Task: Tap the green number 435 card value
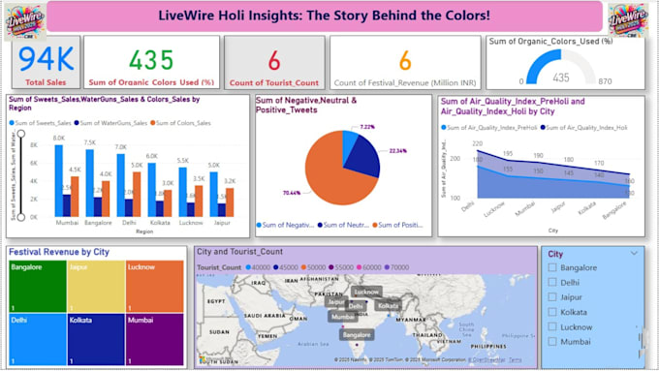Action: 151,61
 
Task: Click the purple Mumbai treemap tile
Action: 153,338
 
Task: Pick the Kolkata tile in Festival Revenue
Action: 96,338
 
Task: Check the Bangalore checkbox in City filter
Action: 552,267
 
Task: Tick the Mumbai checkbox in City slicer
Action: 552,342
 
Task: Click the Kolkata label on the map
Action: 388,306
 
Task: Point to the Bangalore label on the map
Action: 355,334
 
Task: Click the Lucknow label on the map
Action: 366,292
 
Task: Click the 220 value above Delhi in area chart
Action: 477,143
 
